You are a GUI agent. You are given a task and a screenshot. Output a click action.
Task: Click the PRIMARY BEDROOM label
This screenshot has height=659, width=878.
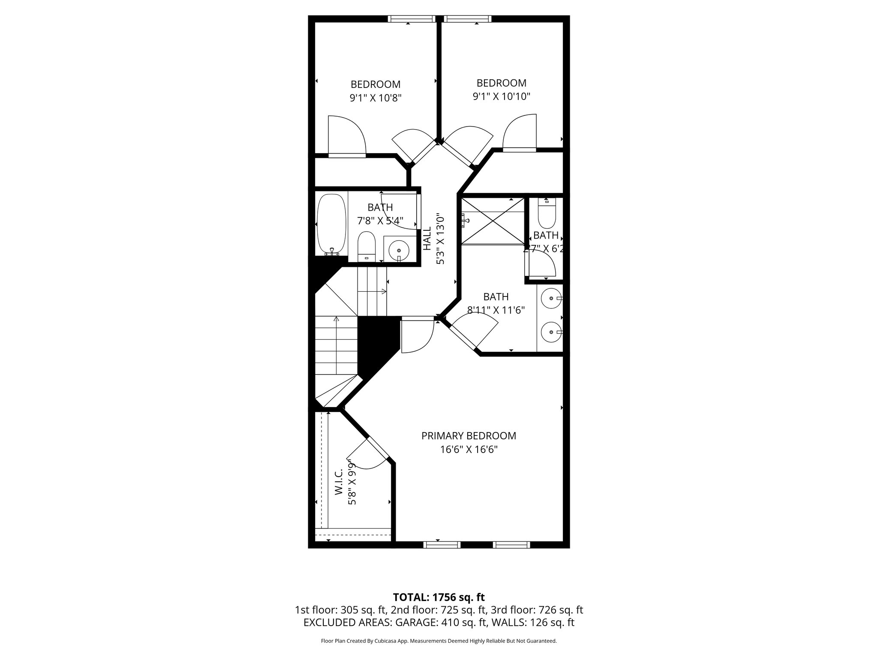click(x=469, y=436)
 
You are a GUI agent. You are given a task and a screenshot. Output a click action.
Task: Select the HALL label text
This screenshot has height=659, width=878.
click(x=427, y=239)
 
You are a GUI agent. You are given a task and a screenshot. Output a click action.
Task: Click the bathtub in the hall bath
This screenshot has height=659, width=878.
click(x=331, y=225)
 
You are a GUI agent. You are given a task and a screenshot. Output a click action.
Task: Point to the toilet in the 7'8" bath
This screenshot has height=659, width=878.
click(x=367, y=246)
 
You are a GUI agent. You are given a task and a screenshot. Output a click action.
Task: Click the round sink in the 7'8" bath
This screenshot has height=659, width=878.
click(x=400, y=249)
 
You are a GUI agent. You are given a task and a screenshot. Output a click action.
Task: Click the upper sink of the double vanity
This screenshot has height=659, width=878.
click(x=550, y=297)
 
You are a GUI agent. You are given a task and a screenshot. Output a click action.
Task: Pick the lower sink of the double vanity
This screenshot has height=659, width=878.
click(x=550, y=332)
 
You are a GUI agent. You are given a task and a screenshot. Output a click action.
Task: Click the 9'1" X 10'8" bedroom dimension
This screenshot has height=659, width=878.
click(x=376, y=98)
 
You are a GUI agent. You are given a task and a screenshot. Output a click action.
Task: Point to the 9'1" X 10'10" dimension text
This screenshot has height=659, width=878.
click(x=502, y=97)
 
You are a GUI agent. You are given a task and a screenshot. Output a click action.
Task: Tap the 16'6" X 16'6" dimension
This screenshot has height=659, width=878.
click(x=469, y=450)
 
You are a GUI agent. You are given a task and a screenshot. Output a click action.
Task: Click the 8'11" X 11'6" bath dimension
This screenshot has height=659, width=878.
click(x=496, y=310)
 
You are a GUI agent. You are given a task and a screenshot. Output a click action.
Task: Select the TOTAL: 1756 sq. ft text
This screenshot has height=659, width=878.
click(x=439, y=597)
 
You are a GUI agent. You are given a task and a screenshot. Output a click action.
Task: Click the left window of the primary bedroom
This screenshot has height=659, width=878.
click(x=442, y=545)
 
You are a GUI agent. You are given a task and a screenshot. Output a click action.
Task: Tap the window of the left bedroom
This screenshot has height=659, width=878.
click(x=412, y=19)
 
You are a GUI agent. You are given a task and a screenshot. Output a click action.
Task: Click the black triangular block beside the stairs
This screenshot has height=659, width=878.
click(x=375, y=343)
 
